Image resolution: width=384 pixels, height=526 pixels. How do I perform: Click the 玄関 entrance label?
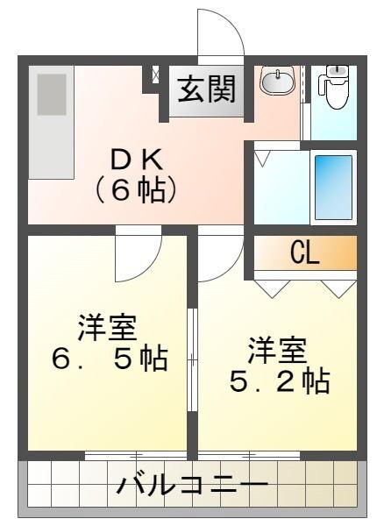click(x=208, y=90)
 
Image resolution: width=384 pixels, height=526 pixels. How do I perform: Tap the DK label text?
click(x=136, y=160)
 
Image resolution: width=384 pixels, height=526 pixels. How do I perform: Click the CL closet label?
click(x=305, y=253)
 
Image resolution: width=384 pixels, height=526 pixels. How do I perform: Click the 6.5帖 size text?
click(x=110, y=359)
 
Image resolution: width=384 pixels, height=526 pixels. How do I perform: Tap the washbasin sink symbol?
click(x=278, y=82)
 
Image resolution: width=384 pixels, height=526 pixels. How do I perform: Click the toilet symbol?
click(x=336, y=87)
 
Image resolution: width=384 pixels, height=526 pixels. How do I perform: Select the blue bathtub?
click(x=333, y=187)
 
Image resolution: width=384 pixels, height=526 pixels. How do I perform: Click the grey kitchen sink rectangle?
click(x=52, y=93)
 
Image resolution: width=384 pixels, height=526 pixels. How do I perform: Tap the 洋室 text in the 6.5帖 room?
click(x=108, y=327)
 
